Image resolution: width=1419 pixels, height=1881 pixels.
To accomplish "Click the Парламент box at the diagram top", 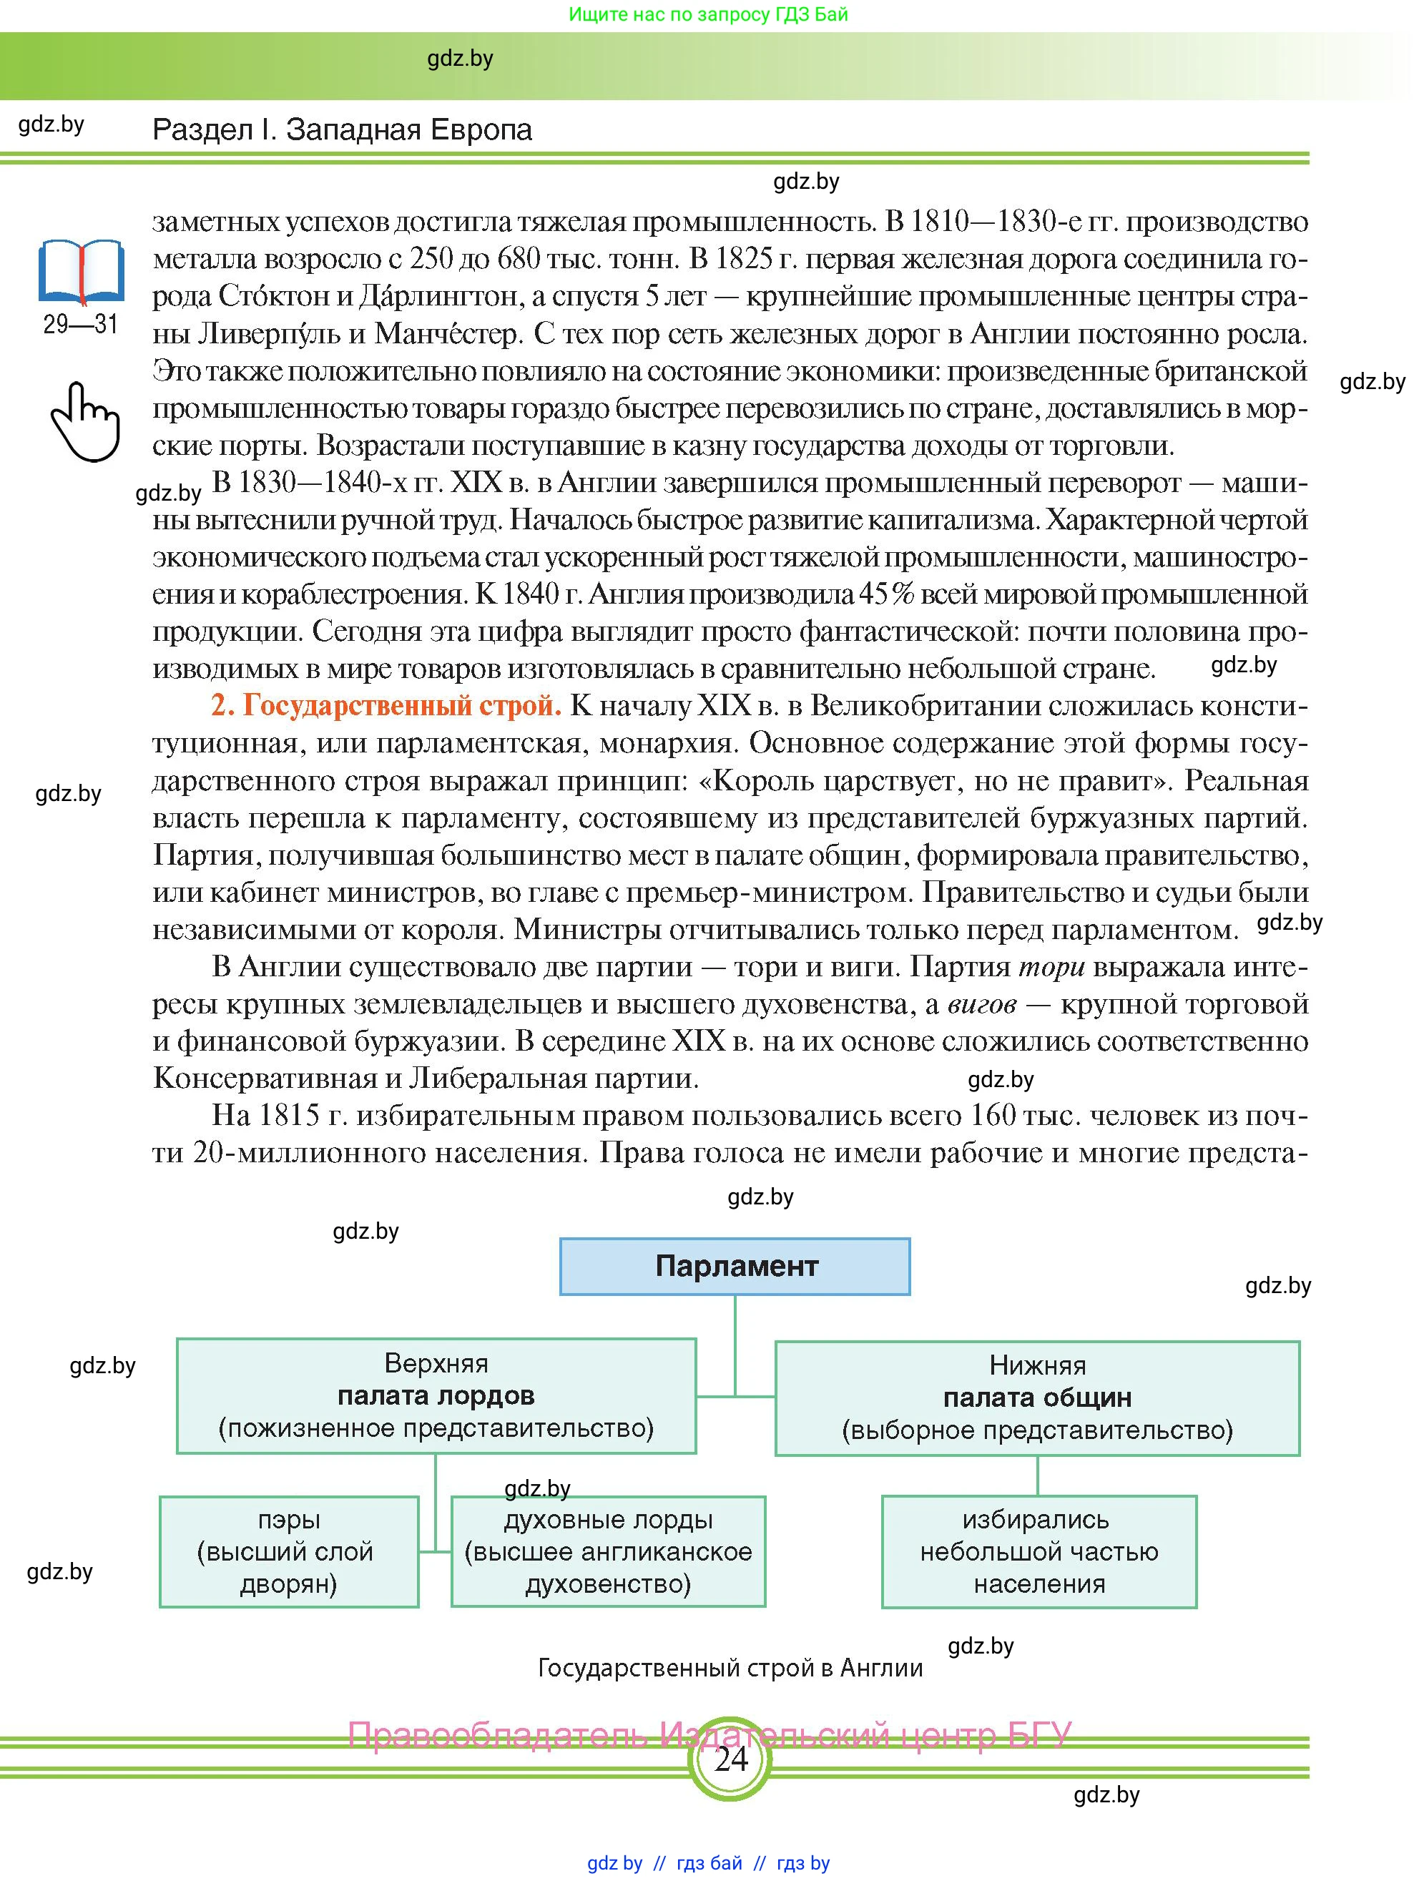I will tap(735, 1266).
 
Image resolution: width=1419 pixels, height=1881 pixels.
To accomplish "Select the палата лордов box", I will tap(436, 1395).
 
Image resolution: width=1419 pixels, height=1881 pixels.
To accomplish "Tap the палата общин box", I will tap(1037, 1398).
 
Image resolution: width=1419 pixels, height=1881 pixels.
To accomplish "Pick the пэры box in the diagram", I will tap(289, 1552).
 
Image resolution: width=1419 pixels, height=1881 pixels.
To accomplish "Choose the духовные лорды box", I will tap(608, 1552).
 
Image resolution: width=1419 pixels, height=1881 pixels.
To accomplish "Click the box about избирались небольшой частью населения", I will tap(1039, 1552).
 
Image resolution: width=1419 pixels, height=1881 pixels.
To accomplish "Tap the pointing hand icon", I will tap(85, 422).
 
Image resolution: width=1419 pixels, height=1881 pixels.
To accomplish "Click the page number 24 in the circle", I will tap(730, 1758).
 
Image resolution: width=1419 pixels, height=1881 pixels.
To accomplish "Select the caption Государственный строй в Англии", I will tap(730, 1669).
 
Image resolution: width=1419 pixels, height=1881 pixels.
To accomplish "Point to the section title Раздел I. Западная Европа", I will tap(342, 130).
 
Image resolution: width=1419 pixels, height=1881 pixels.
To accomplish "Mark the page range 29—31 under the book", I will tap(81, 324).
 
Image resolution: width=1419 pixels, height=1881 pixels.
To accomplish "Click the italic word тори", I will tap(1051, 967).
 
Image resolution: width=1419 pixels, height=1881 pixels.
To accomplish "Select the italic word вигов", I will tap(981, 1004).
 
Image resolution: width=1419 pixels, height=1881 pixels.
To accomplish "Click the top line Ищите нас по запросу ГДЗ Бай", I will tap(708, 14).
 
